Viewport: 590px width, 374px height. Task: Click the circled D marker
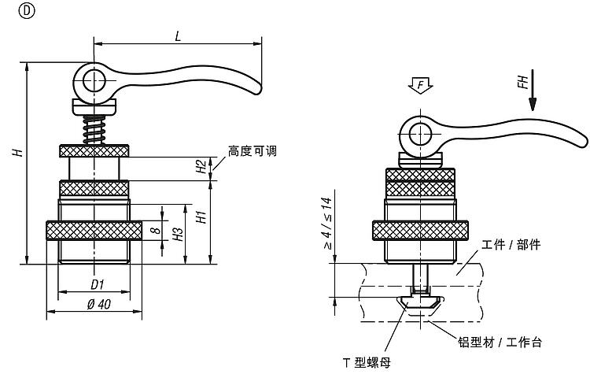[x=9, y=10]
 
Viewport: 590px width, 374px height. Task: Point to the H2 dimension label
[x=201, y=165]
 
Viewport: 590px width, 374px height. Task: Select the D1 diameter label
[x=98, y=283]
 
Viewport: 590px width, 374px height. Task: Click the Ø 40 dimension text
[x=98, y=303]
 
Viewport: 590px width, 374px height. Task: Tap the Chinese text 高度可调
[x=253, y=150]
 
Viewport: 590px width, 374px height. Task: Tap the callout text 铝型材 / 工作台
[x=500, y=343]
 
